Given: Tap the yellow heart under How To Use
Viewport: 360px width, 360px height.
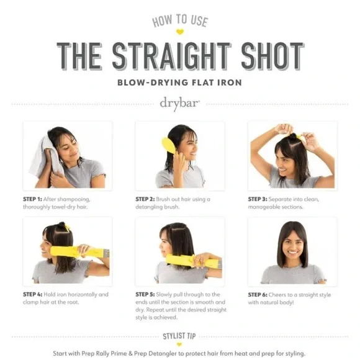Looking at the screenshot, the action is pos(180,32).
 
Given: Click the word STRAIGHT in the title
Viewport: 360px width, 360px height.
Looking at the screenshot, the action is pos(171,56).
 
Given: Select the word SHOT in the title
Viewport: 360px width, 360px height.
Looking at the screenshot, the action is pos(272,56).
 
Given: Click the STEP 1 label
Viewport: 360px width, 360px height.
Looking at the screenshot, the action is pos(32,199).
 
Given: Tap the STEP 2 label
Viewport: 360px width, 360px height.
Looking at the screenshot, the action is pos(145,199).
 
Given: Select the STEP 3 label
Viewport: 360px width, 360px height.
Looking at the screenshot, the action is pos(258,199).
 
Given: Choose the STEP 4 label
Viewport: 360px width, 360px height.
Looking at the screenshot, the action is pos(33,294).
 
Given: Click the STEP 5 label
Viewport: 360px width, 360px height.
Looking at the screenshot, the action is pos(145,294).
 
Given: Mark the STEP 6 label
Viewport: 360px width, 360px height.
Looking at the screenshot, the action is pos(258,295).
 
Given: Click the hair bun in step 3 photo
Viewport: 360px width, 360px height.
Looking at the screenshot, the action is pos(292,136).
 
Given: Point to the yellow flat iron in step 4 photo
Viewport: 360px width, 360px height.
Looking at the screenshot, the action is pos(79,252).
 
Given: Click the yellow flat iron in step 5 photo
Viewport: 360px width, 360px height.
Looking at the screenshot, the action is pos(193,261).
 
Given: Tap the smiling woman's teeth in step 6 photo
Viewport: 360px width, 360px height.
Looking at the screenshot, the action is pos(293,252).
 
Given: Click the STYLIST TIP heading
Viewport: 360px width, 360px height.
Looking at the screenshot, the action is pos(179,336).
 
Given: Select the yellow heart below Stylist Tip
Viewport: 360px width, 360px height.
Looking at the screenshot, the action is pos(179,344).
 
